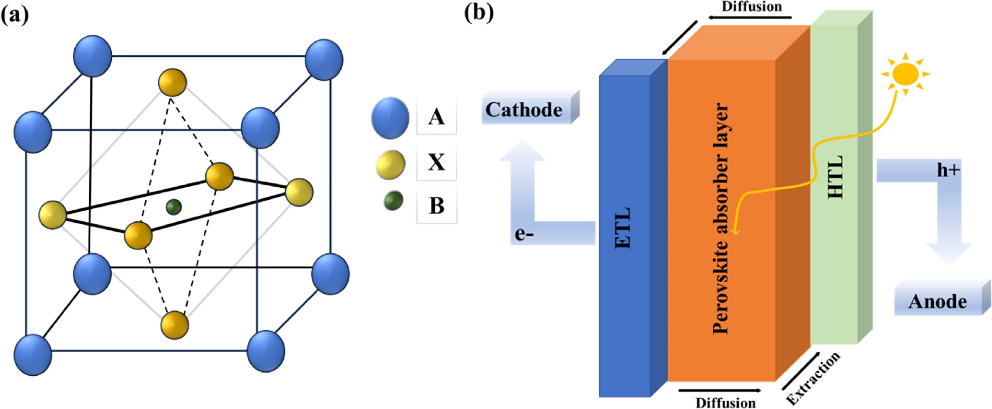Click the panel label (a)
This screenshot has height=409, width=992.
[15, 15]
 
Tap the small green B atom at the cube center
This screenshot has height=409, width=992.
[174, 207]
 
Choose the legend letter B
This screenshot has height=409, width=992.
[436, 205]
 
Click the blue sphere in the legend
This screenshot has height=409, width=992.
[390, 118]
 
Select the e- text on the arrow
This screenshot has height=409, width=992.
[524, 233]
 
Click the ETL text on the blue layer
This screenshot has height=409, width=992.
[623, 228]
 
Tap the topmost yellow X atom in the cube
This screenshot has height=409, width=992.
[172, 82]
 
